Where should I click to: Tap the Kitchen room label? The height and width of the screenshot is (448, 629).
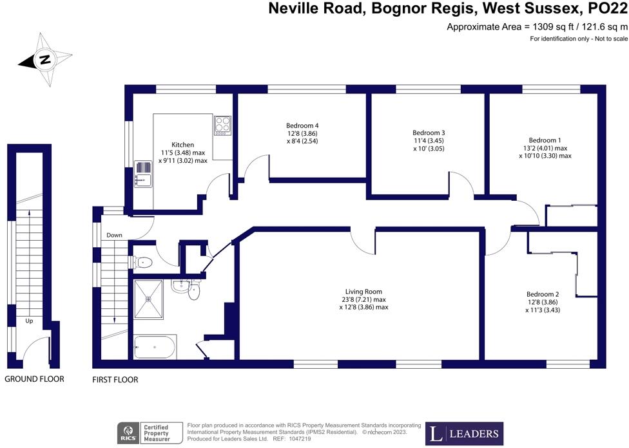pyautogui.click(x=182, y=145)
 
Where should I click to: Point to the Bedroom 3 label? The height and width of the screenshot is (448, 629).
pyautogui.click(x=429, y=133)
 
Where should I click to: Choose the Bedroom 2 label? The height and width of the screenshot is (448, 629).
pyautogui.click(x=542, y=294)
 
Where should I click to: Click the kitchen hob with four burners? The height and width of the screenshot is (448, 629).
pyautogui.click(x=223, y=124)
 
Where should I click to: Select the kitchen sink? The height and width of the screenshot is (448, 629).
pyautogui.click(x=142, y=173)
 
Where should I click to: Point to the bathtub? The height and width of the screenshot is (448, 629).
pyautogui.click(x=154, y=348)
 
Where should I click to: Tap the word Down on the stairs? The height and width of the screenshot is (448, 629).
pyautogui.click(x=115, y=235)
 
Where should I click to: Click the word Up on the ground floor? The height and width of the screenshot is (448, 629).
pyautogui.click(x=28, y=320)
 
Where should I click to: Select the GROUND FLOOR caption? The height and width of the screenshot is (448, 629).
pyautogui.click(x=35, y=379)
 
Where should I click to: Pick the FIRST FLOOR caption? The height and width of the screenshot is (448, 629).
pyautogui.click(x=116, y=380)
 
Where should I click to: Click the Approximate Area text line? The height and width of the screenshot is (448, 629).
pyautogui.click(x=537, y=27)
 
